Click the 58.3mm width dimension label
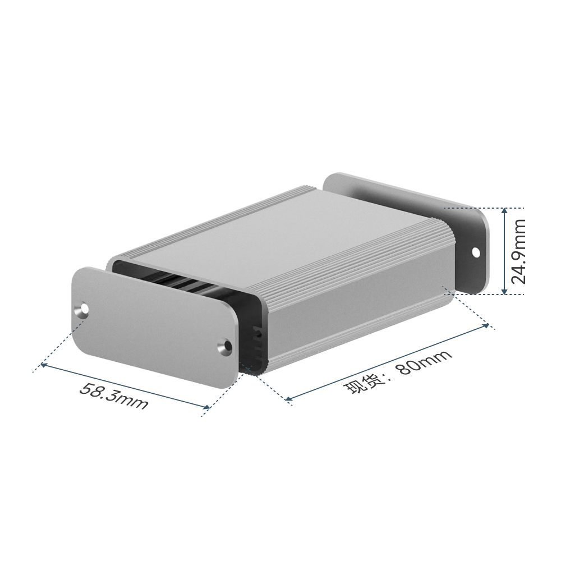pyautogui.click(x=113, y=396)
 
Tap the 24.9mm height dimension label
pyautogui.click(x=518, y=251)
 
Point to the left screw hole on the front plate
pyautogui.click(x=84, y=309)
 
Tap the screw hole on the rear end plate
pyautogui.click(x=476, y=252)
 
